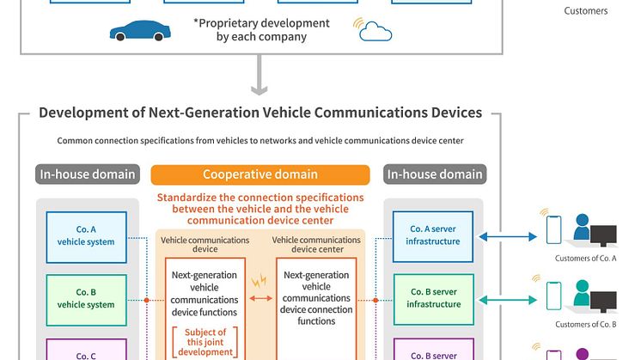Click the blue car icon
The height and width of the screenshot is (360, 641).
[x=135, y=31]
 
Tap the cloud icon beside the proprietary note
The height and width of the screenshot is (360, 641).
[x=376, y=33]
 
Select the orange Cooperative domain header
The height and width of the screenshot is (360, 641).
[x=261, y=174]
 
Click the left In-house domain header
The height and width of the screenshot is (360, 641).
[x=87, y=174]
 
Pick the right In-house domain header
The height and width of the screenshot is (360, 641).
[x=434, y=174]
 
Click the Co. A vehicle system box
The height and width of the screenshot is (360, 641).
[x=86, y=235]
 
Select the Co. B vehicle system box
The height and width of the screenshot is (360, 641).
[x=86, y=298]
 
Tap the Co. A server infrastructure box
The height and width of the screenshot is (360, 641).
[x=433, y=235]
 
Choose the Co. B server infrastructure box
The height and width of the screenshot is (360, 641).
[x=433, y=298]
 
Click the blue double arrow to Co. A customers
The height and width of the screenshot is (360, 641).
[x=508, y=235]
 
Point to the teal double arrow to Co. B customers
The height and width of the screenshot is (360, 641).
[x=508, y=298]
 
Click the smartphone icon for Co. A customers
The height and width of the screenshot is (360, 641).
[x=554, y=229]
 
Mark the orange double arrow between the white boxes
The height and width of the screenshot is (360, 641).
[x=260, y=298]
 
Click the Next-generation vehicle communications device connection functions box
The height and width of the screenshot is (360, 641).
[x=317, y=298]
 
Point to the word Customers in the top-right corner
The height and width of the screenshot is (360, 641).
[x=586, y=11]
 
